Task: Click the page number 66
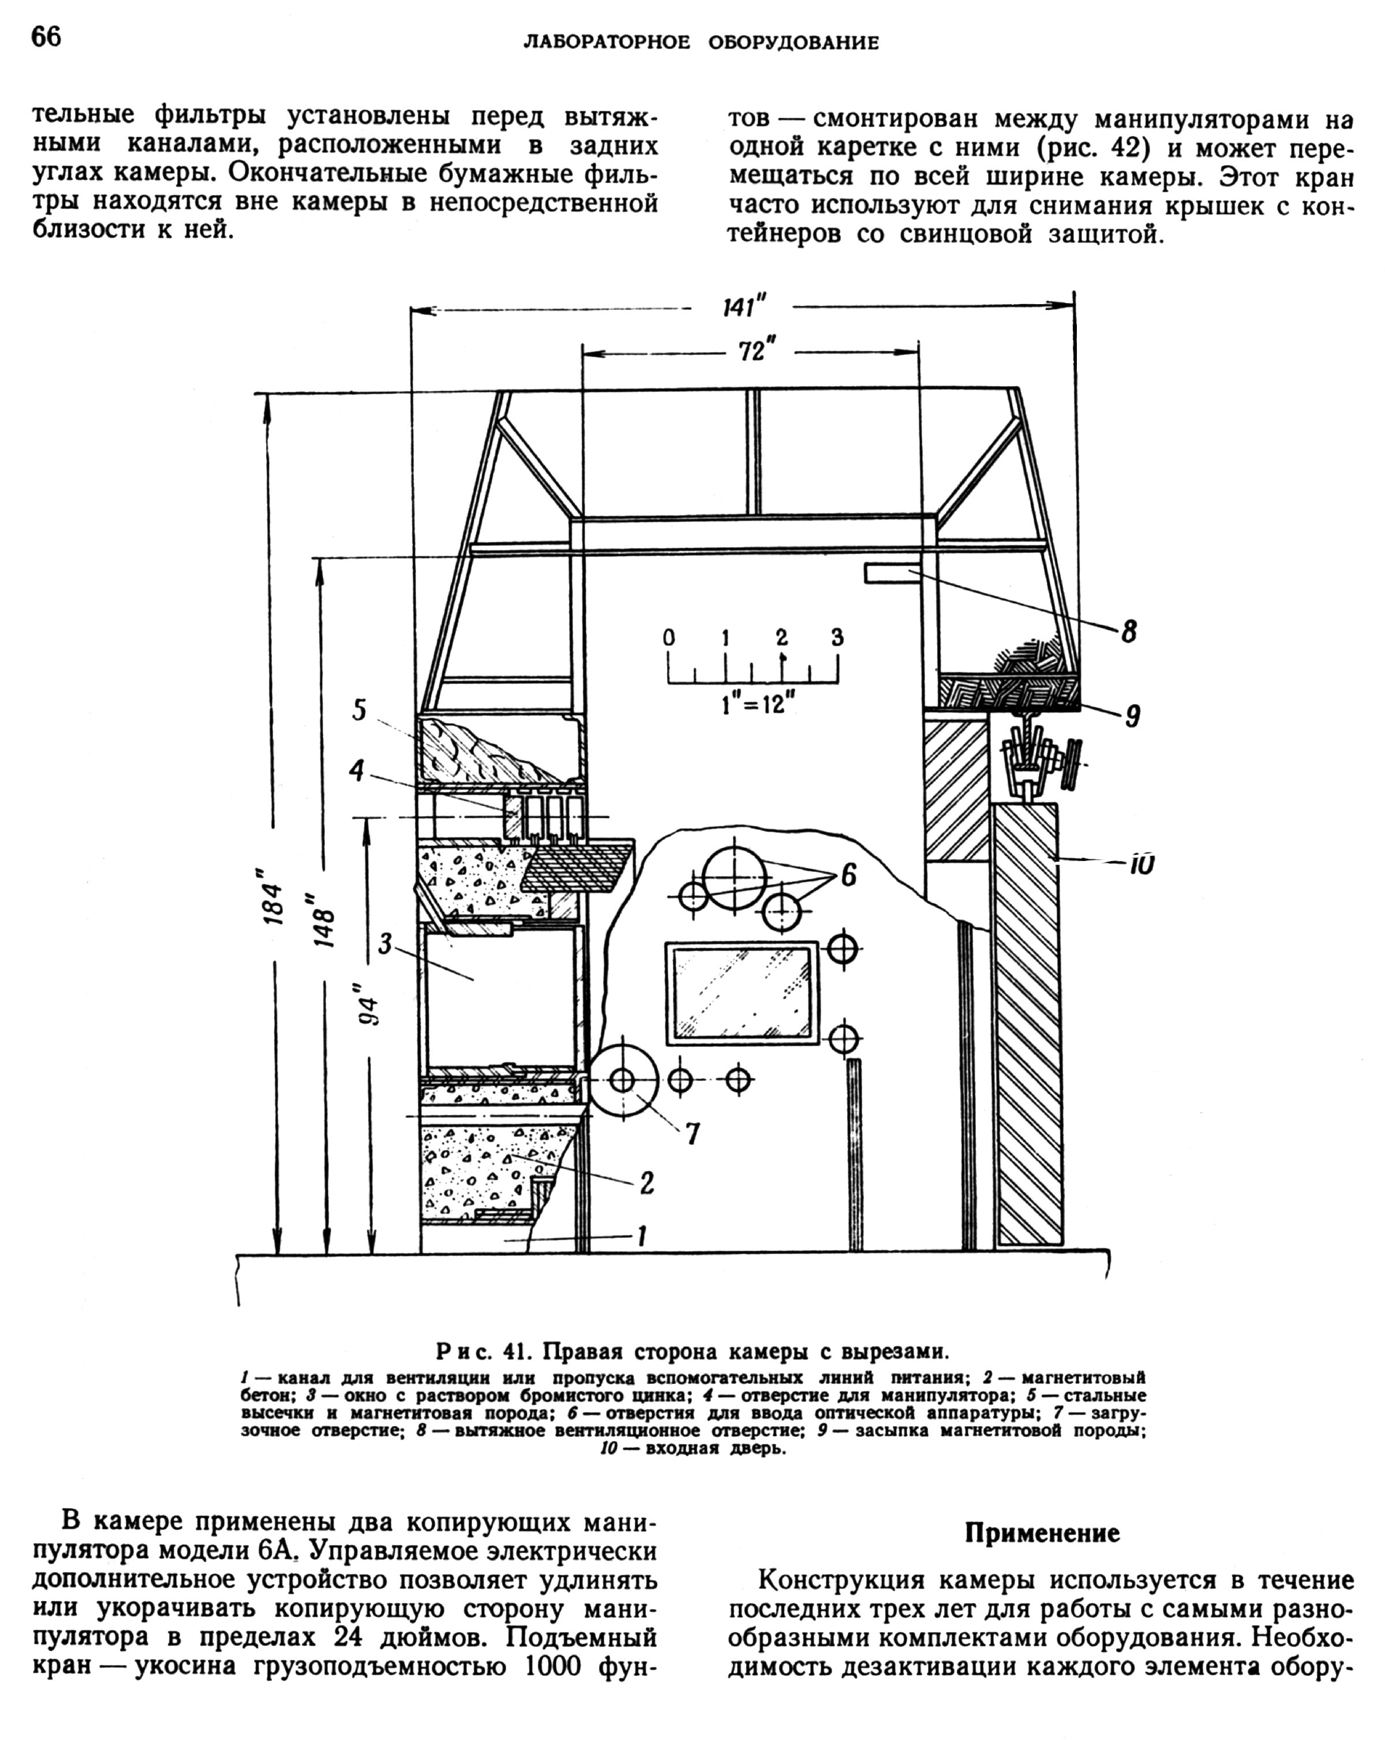(x=46, y=37)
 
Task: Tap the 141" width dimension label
(x=743, y=308)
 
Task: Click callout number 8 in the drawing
(x=1128, y=632)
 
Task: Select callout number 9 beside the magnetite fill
(x=1132, y=715)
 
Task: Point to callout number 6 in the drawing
(x=848, y=875)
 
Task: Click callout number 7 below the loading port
(x=692, y=1134)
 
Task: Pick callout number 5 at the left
(x=359, y=710)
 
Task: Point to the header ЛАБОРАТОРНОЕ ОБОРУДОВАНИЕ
(x=701, y=43)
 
